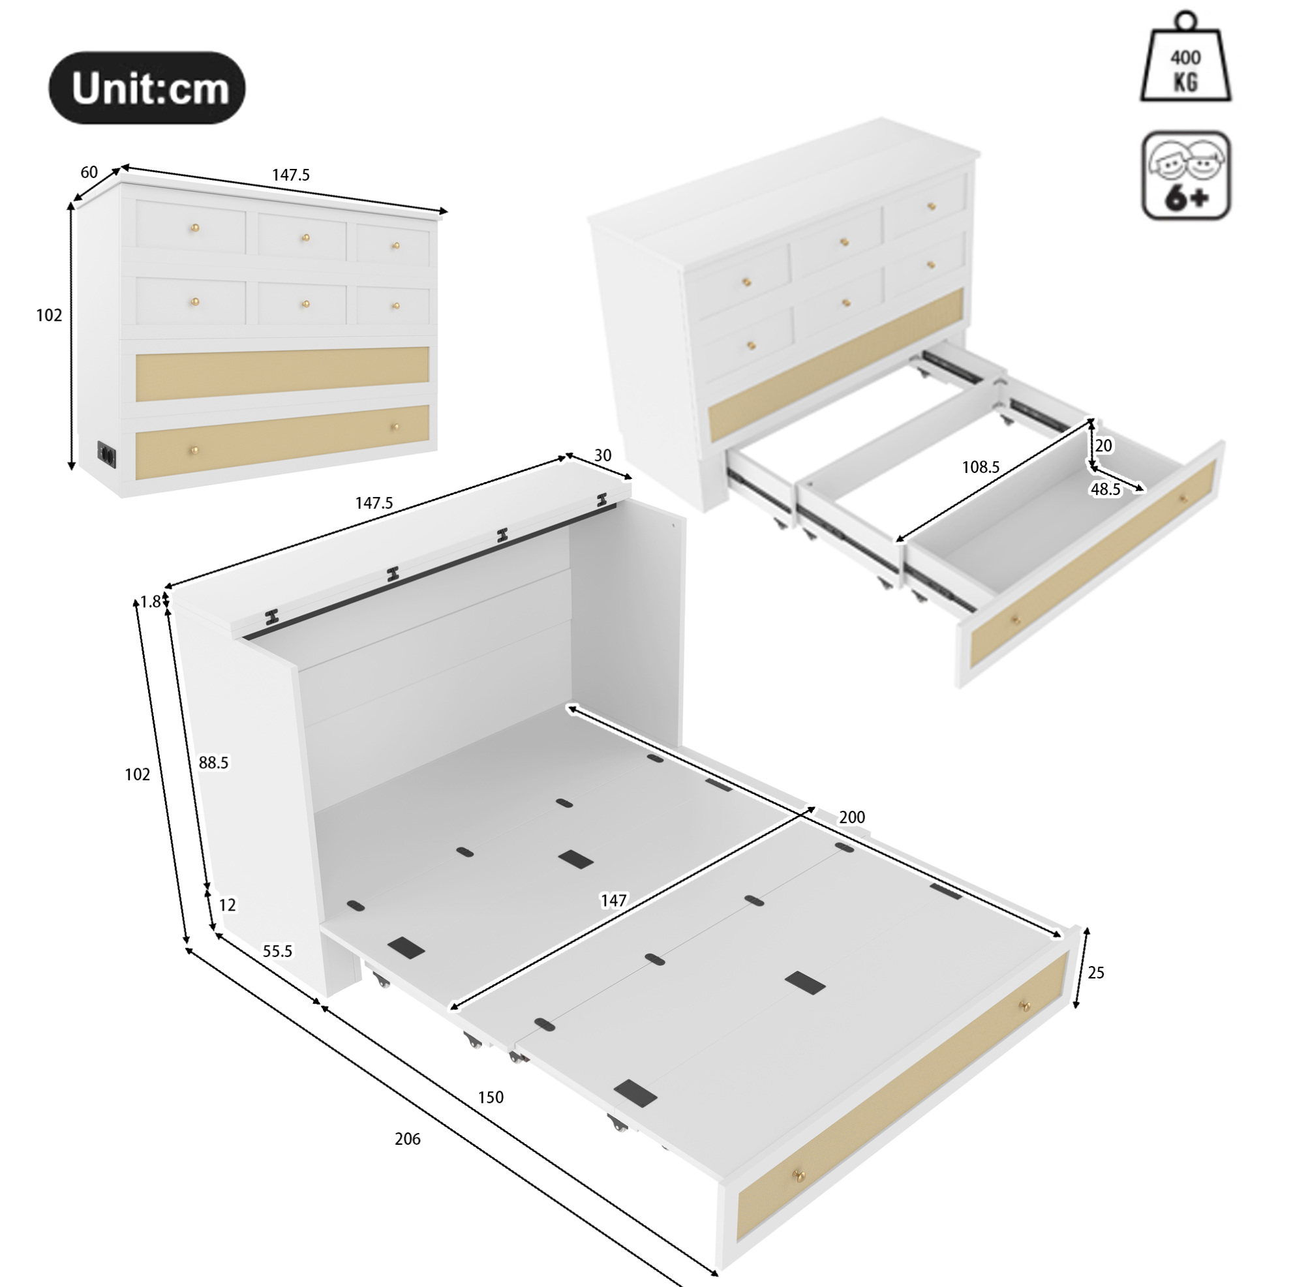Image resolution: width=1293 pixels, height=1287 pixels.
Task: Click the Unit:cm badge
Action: (147, 87)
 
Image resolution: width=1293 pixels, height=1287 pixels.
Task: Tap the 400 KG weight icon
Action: (1185, 58)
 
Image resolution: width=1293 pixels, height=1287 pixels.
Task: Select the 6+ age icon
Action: (1186, 175)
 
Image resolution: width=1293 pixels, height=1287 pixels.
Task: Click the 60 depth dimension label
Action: (89, 172)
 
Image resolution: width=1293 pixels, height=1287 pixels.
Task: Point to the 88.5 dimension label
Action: (213, 763)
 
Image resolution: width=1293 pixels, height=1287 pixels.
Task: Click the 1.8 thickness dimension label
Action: (150, 601)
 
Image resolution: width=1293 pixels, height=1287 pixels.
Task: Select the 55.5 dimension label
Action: (277, 951)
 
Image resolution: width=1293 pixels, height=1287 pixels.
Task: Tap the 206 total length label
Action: (408, 1139)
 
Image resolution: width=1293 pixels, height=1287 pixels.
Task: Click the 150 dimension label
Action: (491, 1098)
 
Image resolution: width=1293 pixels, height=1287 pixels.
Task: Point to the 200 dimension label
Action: (852, 817)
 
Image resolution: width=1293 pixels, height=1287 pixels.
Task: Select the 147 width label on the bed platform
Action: (614, 901)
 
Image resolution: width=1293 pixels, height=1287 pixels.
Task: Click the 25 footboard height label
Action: (1095, 973)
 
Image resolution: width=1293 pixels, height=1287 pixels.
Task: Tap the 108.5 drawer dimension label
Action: (981, 467)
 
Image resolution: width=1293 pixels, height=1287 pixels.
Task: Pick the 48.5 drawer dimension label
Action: (1106, 489)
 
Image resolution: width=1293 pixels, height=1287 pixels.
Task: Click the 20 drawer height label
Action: (1104, 446)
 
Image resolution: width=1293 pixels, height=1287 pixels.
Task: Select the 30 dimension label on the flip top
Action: (602, 455)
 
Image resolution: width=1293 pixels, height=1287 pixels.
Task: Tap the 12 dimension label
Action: (228, 905)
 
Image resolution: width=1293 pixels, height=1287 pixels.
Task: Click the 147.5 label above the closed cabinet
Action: (290, 175)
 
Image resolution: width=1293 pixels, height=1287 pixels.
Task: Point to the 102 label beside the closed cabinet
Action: (49, 314)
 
